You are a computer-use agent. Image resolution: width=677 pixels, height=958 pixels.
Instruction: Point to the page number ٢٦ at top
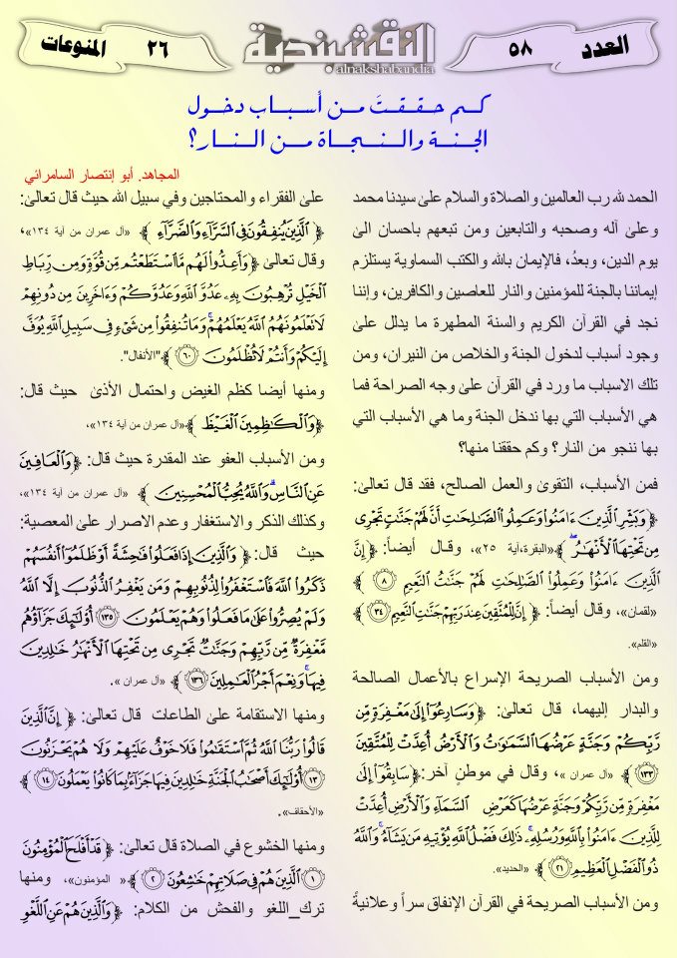click(x=157, y=46)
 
